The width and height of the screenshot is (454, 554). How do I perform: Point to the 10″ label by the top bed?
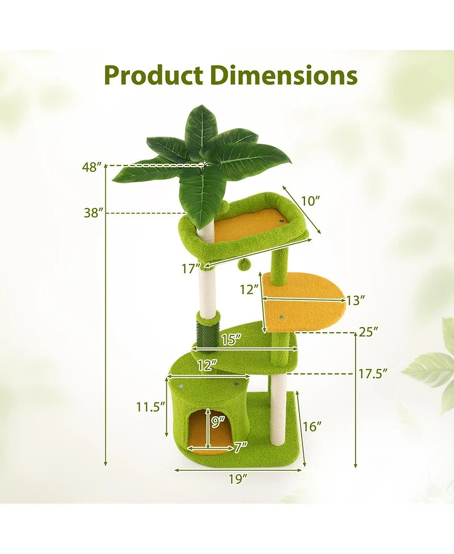tap(310, 201)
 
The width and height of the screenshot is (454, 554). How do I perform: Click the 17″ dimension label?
tap(191, 268)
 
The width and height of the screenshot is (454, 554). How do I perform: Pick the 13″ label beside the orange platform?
tap(355, 300)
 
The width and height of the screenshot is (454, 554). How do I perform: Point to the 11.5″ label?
tap(150, 406)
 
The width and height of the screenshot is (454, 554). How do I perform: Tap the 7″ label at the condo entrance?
tap(240, 447)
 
